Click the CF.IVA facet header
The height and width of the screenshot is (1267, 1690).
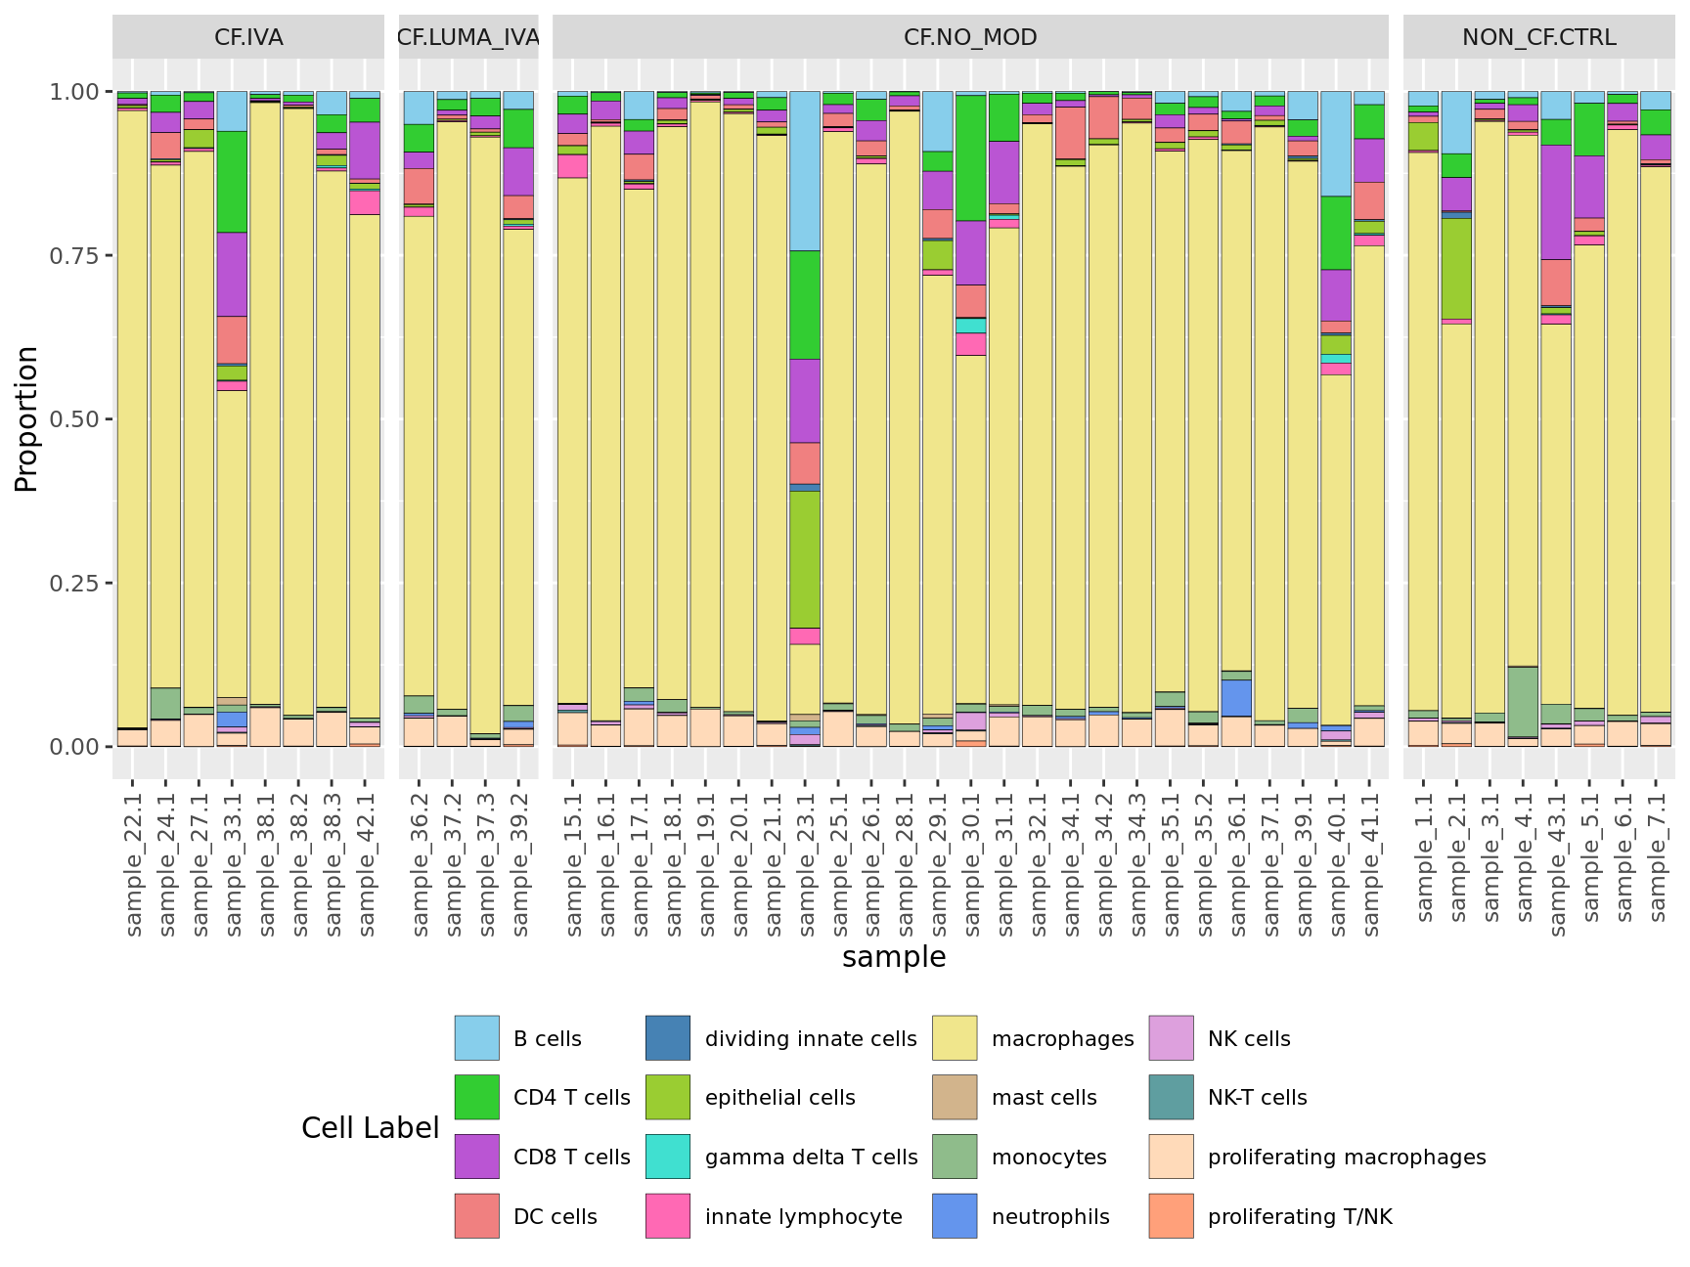[248, 37]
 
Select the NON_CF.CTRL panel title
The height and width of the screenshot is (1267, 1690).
[1538, 37]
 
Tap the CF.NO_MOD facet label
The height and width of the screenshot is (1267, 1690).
[970, 37]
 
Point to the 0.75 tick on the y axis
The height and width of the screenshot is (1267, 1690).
[74, 255]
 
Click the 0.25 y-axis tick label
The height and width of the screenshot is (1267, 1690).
[74, 583]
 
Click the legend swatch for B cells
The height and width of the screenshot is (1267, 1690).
[476, 1038]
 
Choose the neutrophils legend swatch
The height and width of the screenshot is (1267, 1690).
[955, 1216]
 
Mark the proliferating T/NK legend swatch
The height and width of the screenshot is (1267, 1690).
[1171, 1216]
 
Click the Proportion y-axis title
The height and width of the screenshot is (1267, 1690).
[26, 418]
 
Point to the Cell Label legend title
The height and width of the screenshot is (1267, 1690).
[370, 1128]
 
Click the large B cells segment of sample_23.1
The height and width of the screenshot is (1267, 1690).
[805, 171]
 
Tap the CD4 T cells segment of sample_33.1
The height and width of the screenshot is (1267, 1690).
[232, 182]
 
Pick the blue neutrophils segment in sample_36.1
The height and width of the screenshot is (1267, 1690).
[1236, 698]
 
